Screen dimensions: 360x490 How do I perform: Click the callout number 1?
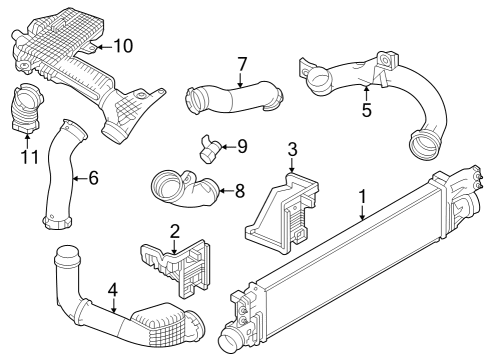click(364, 197)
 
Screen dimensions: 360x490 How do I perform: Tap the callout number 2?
click(174, 232)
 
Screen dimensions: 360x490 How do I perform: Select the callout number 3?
click(291, 150)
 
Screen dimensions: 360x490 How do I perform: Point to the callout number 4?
click(113, 290)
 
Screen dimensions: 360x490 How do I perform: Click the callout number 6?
click(93, 178)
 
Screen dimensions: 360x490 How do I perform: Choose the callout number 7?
click(241, 65)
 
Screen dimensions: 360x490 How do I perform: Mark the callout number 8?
click(239, 189)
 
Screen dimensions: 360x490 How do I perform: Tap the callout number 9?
click(241, 147)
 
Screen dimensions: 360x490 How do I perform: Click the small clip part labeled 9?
click(213, 149)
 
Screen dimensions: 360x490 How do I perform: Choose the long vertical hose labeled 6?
click(62, 175)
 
